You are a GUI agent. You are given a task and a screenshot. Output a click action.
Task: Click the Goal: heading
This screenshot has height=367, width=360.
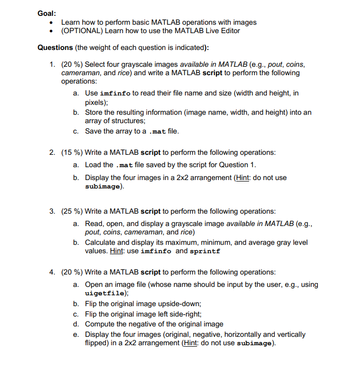47,13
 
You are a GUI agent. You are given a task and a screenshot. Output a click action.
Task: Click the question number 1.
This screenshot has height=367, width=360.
52,65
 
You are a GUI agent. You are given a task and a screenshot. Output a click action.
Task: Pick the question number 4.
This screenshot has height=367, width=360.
52,272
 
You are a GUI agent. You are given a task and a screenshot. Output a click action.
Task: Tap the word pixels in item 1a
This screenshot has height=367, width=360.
96,102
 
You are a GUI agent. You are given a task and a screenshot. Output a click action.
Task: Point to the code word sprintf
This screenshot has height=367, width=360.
205,251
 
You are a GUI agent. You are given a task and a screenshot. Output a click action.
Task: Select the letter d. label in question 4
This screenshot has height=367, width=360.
76,324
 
